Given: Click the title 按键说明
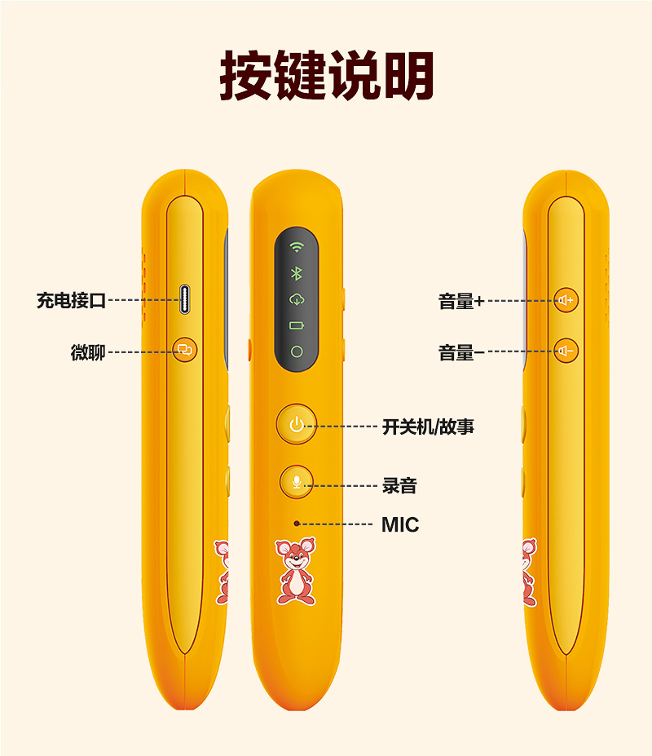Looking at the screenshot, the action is click(326, 77).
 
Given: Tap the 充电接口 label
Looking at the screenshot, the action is click(71, 300).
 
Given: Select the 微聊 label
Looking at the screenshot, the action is click(87, 352).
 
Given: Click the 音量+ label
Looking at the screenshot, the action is click(461, 301).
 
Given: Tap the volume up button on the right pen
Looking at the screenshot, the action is click(566, 300).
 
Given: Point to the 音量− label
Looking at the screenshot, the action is click(461, 352).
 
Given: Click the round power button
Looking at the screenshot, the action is click(296, 424).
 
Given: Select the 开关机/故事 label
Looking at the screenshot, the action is click(428, 426).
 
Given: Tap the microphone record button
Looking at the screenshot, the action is click(297, 481).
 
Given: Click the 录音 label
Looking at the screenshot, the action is click(399, 485).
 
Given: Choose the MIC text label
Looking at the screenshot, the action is click(400, 524).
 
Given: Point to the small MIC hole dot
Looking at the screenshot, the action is click(297, 524).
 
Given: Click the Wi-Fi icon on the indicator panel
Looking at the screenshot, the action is click(297, 247).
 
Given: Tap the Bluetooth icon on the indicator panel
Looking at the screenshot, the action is click(297, 273).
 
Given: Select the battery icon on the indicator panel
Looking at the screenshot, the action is click(297, 325).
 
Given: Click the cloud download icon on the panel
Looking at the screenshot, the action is click(297, 299).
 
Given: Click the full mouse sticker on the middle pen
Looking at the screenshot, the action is click(296, 571).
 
